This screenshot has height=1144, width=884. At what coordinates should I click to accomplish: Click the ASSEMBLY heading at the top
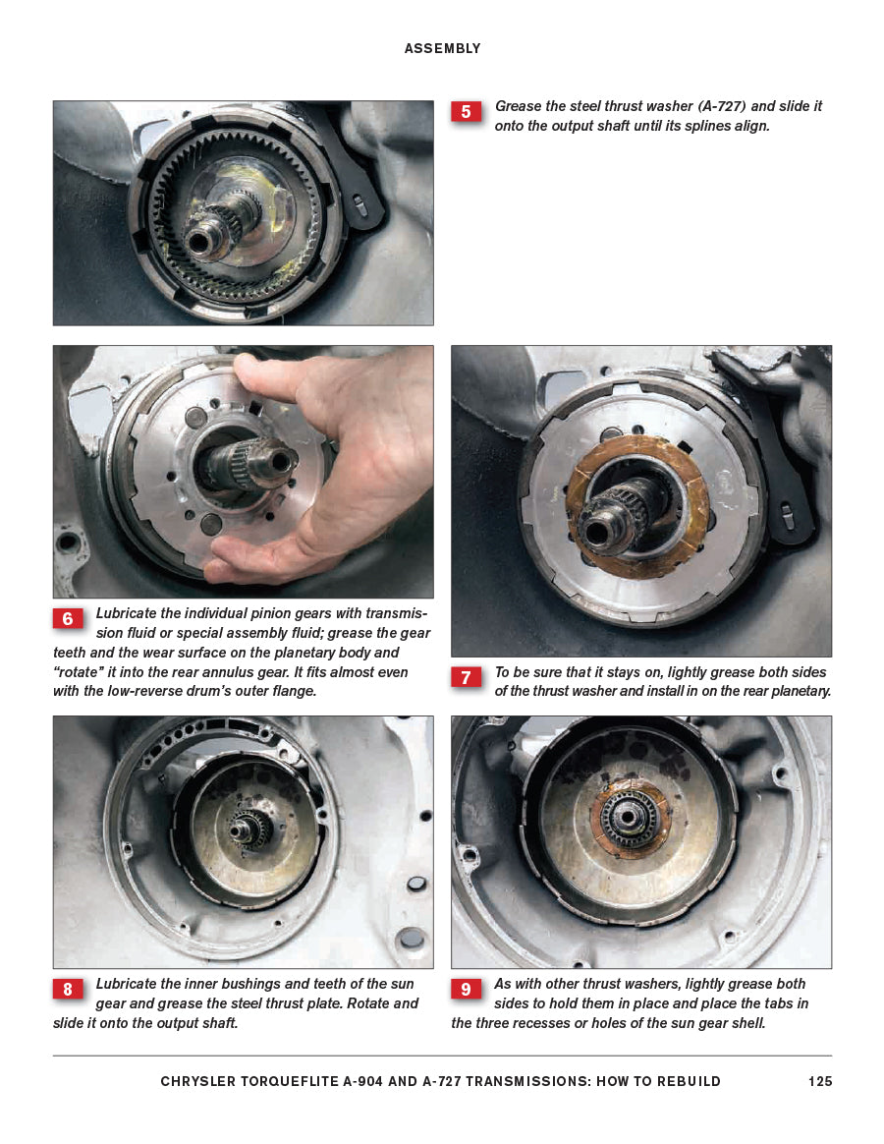click(442, 48)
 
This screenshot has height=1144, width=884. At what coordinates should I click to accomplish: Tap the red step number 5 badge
click(466, 112)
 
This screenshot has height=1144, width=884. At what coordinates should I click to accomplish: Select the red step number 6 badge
click(68, 619)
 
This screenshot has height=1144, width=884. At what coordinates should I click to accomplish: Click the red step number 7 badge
click(466, 678)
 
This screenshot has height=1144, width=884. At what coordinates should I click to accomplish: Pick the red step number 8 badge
click(68, 990)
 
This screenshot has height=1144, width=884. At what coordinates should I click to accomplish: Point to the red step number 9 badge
click(466, 990)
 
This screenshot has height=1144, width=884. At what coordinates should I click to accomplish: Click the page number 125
click(820, 1081)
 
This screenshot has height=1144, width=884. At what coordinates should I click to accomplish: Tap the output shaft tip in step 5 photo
click(195, 239)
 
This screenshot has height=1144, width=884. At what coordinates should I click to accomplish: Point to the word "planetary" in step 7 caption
click(796, 691)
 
